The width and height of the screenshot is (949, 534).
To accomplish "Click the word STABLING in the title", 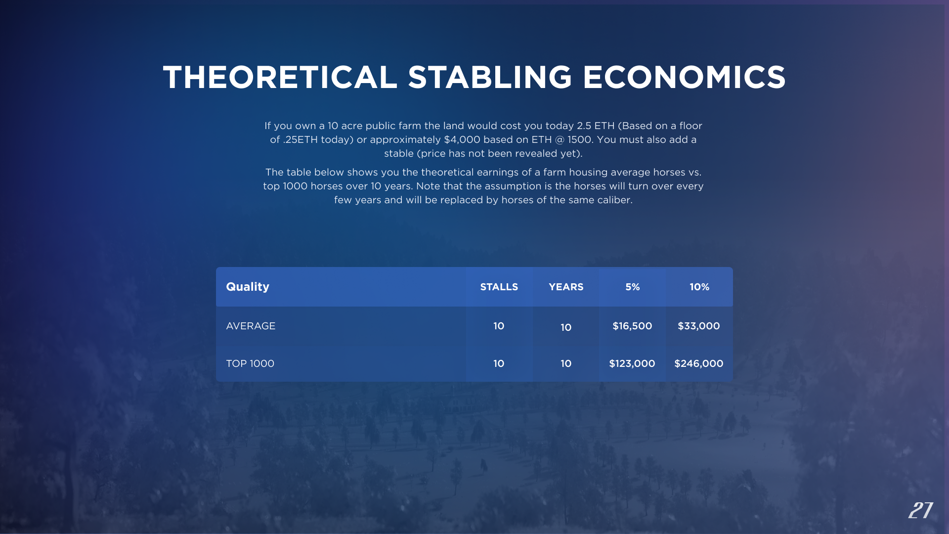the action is (x=490, y=78).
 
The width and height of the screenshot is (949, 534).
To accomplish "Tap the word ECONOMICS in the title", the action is (x=685, y=78).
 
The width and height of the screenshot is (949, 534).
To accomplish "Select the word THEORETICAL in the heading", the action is (x=280, y=78).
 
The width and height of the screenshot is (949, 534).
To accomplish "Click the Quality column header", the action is (x=248, y=287).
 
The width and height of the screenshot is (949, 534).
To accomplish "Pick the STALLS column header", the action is (x=499, y=287).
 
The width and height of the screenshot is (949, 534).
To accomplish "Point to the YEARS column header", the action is (x=566, y=287).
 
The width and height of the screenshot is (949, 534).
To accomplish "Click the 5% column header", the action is (x=633, y=287).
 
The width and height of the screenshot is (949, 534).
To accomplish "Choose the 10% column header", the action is (x=699, y=287).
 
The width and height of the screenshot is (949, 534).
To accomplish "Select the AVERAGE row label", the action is (x=251, y=326).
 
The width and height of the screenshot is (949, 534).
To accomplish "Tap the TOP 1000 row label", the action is (x=250, y=363).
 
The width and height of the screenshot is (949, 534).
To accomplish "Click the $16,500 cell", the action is (x=632, y=326).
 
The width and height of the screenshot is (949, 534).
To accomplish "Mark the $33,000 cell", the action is (x=699, y=326).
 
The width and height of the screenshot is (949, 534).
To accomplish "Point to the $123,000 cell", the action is (x=632, y=363).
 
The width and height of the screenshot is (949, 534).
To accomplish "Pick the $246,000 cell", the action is (x=699, y=363).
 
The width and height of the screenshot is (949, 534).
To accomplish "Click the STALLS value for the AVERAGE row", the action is (x=499, y=326).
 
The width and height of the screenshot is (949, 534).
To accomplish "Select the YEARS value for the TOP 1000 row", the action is (x=566, y=363).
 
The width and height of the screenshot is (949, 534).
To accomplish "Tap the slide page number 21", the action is (x=920, y=510).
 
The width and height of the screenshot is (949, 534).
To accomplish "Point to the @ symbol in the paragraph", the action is (x=560, y=140).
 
